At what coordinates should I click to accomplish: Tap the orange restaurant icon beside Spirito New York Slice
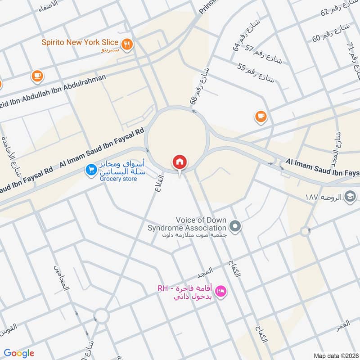click(128, 44)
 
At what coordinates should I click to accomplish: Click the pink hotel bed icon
click(221, 292)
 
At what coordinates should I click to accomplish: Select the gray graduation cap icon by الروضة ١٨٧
click(350, 196)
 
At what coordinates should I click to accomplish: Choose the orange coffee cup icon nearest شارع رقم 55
click(260, 117)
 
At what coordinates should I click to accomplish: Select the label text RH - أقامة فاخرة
click(185, 292)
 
